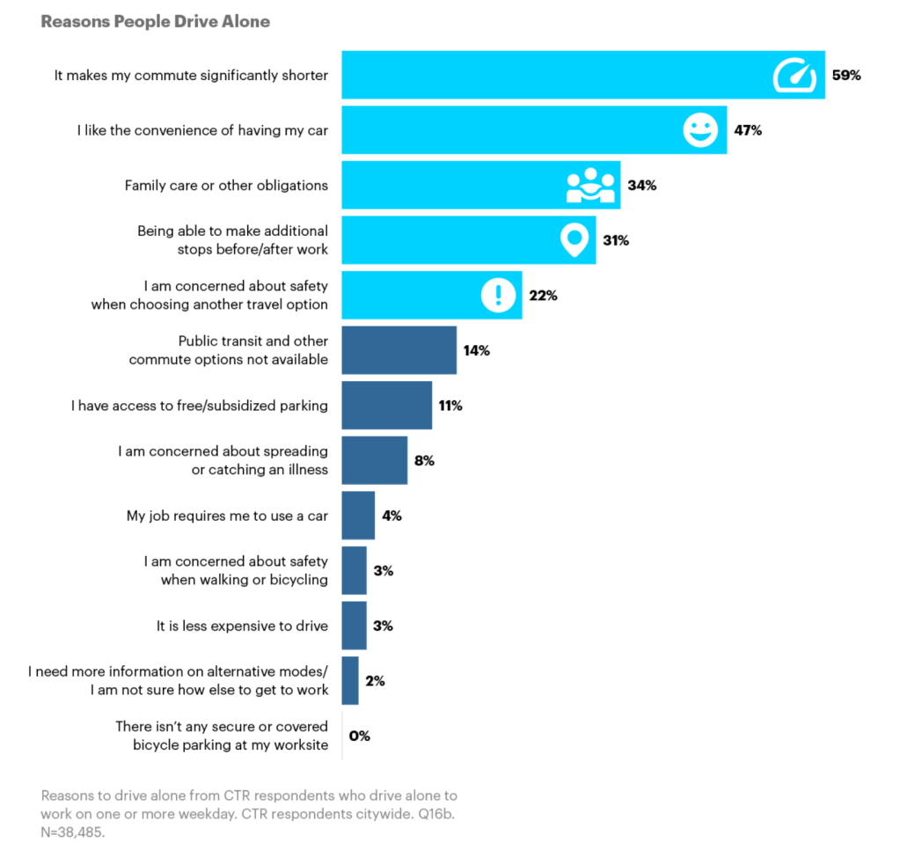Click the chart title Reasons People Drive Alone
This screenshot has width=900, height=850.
(155, 22)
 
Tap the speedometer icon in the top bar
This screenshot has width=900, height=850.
(794, 75)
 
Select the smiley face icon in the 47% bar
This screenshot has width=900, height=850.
(699, 131)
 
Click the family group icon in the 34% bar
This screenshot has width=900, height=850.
(589, 186)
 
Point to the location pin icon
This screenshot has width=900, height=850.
(574, 240)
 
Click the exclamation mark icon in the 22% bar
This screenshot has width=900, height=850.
(497, 295)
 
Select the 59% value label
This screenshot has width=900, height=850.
(846, 75)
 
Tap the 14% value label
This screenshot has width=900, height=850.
(477, 350)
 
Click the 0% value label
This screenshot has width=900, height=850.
(360, 736)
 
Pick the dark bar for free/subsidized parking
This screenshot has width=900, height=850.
(386, 406)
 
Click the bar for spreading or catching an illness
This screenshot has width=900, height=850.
(374, 460)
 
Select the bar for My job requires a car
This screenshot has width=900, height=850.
(358, 516)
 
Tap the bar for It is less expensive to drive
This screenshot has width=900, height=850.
(354, 626)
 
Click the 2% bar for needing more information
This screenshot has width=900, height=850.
(350, 680)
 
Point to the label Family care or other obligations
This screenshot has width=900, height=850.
(226, 186)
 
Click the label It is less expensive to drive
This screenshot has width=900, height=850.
(242, 626)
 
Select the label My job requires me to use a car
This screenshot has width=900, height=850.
(227, 516)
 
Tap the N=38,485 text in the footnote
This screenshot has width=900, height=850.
(73, 830)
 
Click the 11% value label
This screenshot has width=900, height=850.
(451, 406)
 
